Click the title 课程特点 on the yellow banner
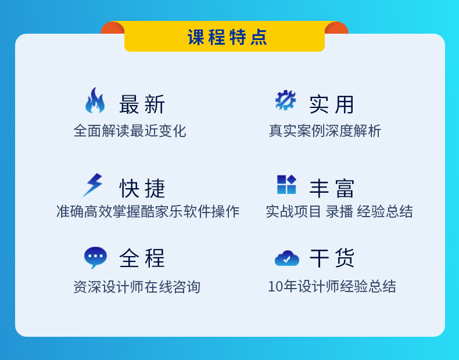click(227, 37)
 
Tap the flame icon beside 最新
click(95, 100)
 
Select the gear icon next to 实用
click(285, 100)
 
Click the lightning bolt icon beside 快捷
click(92, 185)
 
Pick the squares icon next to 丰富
click(286, 184)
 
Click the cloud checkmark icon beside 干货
click(287, 258)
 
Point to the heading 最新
click(142, 105)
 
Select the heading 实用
click(332, 105)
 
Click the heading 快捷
click(142, 188)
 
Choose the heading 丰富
click(332, 188)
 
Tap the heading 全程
click(142, 258)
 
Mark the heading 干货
click(332, 258)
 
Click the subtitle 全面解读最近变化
click(130, 131)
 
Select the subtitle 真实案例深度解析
click(325, 131)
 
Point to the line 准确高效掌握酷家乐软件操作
click(148, 211)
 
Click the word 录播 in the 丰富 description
click(339, 211)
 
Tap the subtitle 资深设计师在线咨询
click(137, 287)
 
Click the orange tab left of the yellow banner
click(112, 28)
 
